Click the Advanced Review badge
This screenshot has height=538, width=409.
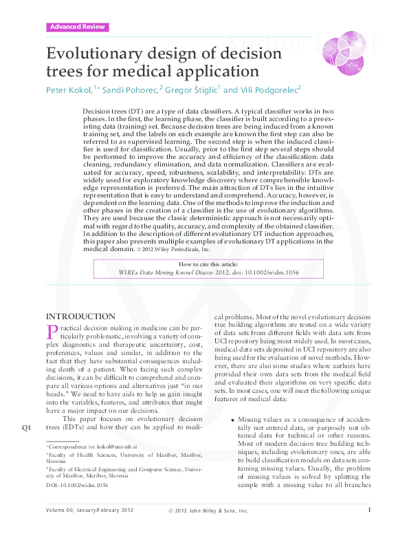[x=78, y=27]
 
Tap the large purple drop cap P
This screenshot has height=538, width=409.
[x=52, y=334]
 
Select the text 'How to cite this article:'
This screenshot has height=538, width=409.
[x=209, y=263]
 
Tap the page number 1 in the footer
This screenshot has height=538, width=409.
[x=370, y=528]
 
